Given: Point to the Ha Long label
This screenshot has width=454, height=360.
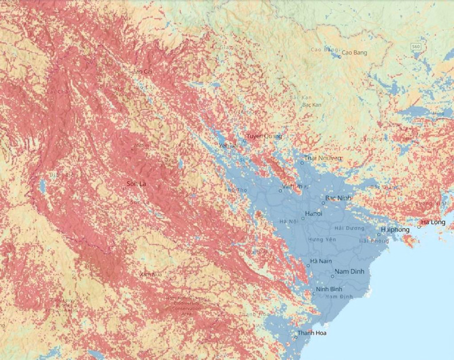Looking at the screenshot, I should tap(433, 222).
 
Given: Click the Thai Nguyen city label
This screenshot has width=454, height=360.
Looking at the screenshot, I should tap(322, 158).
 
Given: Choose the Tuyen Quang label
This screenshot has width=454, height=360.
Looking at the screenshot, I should tap(264, 136).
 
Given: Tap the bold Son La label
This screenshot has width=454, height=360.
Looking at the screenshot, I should tap(137, 184).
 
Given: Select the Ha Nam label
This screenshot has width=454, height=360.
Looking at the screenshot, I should tap(321, 262).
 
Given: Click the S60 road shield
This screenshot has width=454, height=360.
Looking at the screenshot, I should tap(415, 45).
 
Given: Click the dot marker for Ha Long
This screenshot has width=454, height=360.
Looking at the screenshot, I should tap(419, 226).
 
